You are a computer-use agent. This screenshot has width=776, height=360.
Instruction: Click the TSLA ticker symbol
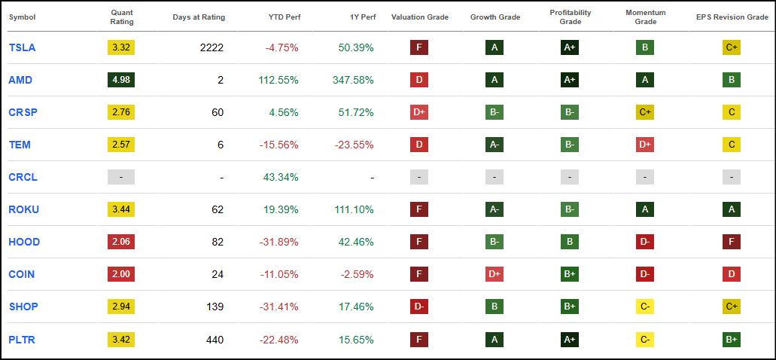[x=22, y=47]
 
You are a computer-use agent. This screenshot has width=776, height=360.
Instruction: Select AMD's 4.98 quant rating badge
[x=121, y=80]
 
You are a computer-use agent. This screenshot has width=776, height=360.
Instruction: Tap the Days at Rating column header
[x=199, y=17]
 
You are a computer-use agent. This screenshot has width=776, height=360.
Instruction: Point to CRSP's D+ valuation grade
[x=419, y=112]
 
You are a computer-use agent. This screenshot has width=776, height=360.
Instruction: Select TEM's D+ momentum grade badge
[x=645, y=145]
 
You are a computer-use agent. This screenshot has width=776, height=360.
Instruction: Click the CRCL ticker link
[x=23, y=177]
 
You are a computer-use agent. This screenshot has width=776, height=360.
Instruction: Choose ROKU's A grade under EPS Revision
[x=732, y=209]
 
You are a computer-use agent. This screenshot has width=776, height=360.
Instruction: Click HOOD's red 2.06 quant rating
[x=121, y=242]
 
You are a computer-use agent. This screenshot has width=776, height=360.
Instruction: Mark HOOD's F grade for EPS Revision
[x=732, y=242]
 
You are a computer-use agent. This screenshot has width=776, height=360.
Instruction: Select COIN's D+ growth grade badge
[x=495, y=274]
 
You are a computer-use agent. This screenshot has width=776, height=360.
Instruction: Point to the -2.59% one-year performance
[x=356, y=274]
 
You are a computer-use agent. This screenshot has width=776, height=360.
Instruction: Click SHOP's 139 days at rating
[x=215, y=307]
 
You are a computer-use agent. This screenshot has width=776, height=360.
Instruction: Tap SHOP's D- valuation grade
[x=419, y=307]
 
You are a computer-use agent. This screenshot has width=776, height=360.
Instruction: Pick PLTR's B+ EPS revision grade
[x=732, y=339]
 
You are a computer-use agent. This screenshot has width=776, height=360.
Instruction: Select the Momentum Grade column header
[x=645, y=17]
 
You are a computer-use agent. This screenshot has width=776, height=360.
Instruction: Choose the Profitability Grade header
[x=570, y=17]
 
